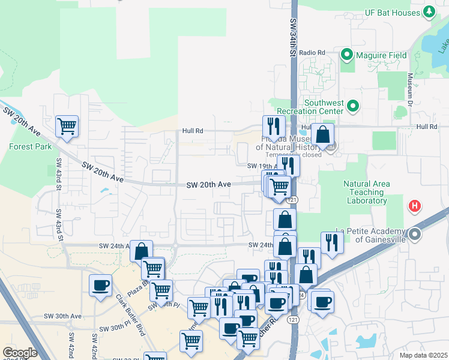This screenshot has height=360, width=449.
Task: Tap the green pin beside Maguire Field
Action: click(347, 56)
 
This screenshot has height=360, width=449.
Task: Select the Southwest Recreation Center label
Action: click(310, 106)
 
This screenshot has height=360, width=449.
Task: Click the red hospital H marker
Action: click(414, 207)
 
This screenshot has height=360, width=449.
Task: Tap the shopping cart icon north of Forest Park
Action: click(67, 127)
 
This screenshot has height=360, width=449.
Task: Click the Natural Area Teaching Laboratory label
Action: click(366, 192)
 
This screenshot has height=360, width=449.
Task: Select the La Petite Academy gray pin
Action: click(415, 234)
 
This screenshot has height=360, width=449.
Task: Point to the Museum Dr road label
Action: click(410, 88)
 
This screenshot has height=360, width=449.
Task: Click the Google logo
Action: click(19, 353)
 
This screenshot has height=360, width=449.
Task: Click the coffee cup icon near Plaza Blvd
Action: click(100, 285)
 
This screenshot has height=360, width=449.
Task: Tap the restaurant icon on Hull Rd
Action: click(272, 127)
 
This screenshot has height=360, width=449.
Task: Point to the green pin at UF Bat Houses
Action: click(429, 11)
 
